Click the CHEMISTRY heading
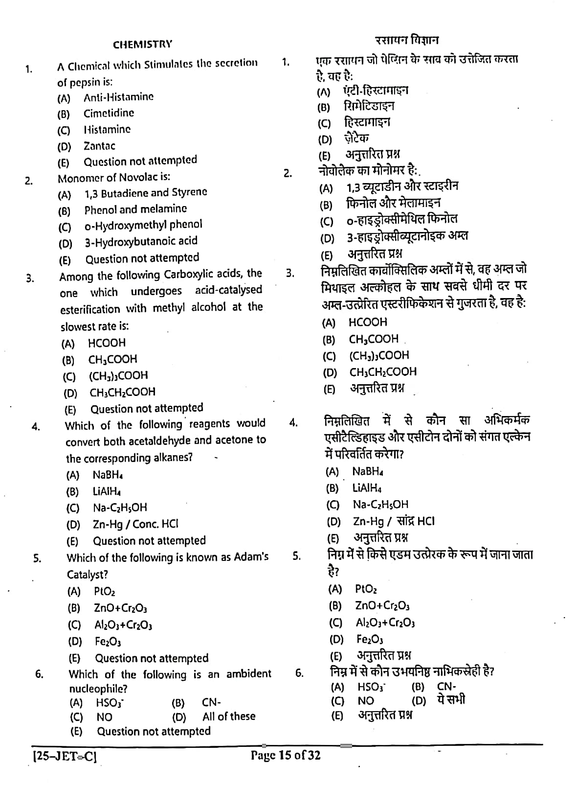click(142, 45)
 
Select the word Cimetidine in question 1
click(109, 113)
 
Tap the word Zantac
click(99, 146)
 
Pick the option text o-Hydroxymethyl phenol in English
click(143, 225)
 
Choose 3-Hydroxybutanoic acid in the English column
click(141, 241)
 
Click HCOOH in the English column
click(107, 343)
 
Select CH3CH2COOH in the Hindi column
click(383, 372)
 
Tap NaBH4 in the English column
click(108, 475)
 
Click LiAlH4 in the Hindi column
click(367, 487)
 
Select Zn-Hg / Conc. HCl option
click(135, 524)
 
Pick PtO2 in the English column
click(105, 592)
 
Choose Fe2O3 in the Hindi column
click(370, 639)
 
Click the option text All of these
click(229, 717)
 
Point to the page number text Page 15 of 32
click(286, 755)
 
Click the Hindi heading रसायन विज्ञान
click(407, 40)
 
